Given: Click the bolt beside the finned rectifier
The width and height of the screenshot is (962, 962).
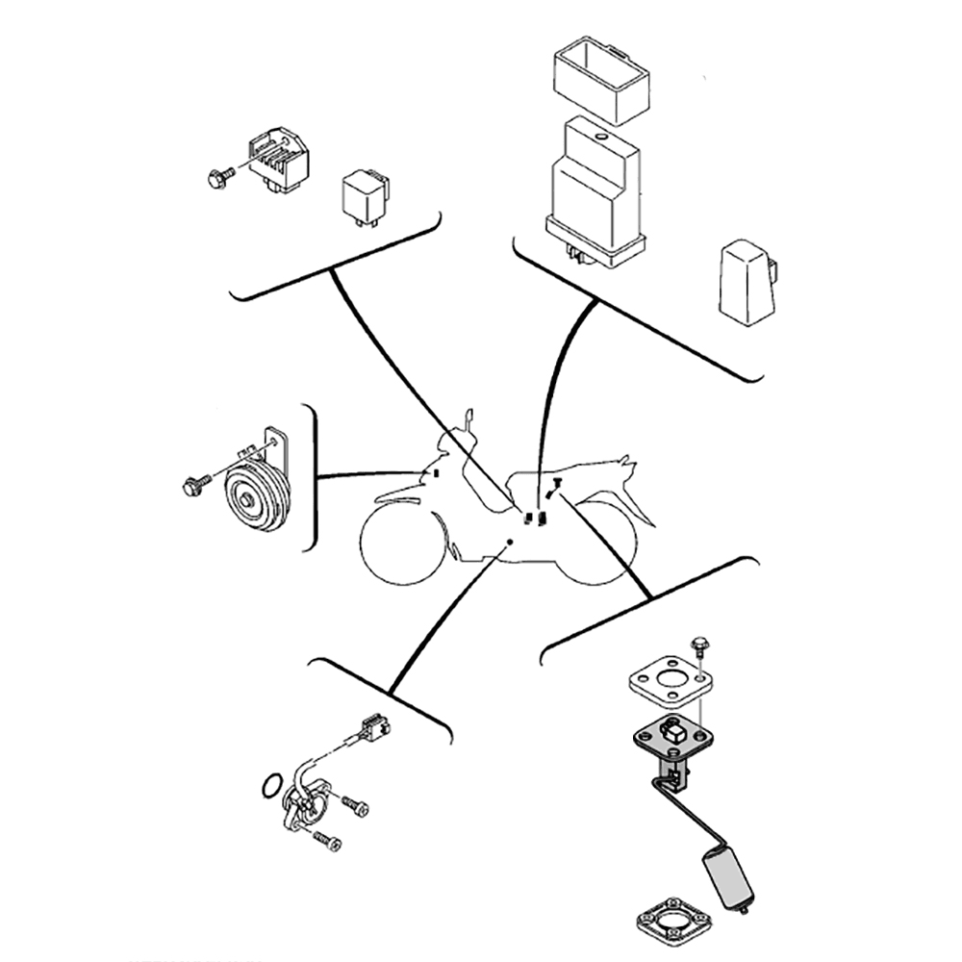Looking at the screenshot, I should [218, 177].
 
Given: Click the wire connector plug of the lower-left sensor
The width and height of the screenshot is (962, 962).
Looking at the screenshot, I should [373, 728].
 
